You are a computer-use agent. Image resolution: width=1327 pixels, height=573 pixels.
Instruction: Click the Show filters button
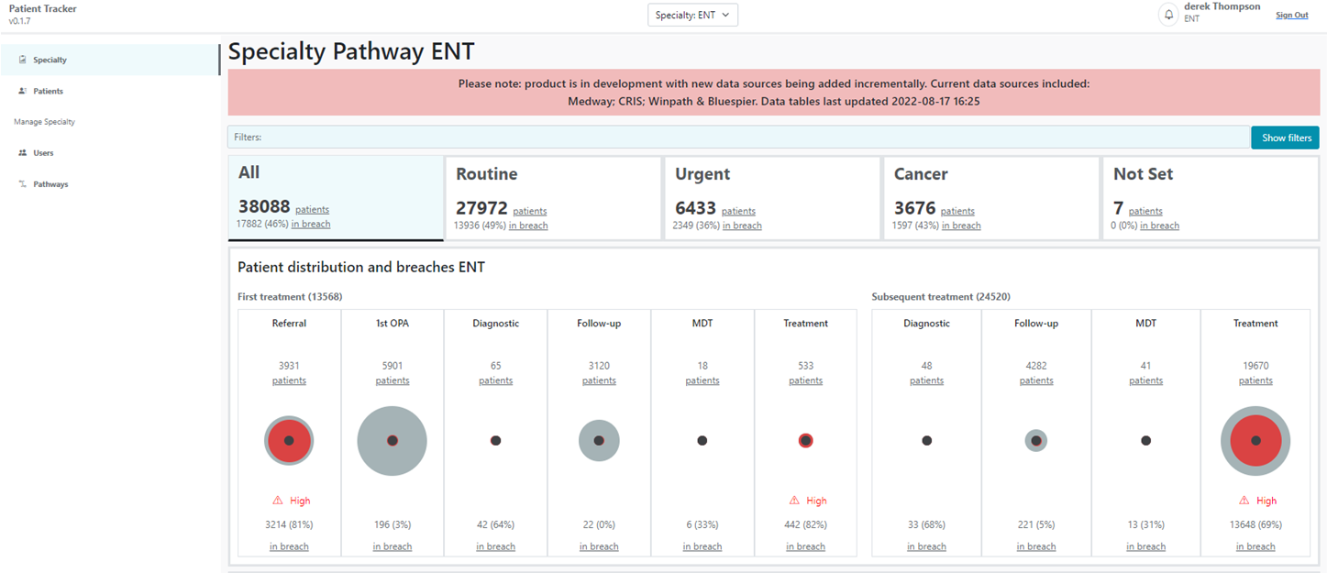coord(1285,138)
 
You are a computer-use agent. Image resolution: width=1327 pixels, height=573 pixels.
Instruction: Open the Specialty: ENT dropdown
coord(692,15)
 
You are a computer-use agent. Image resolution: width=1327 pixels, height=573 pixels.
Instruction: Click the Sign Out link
coord(1291,15)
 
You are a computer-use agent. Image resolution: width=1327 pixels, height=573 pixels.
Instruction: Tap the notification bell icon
coord(1168,15)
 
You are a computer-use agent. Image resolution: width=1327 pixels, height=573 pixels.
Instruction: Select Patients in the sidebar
coord(48,92)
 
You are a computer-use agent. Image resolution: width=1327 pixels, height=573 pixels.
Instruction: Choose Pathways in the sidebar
coord(50,184)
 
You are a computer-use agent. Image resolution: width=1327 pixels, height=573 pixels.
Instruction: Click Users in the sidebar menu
coord(43,153)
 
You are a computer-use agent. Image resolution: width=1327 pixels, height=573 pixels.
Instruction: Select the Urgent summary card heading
coord(702,174)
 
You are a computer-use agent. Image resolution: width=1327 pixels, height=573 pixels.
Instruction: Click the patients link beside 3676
coord(957,211)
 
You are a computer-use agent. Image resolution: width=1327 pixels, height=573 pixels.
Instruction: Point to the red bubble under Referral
coord(289,441)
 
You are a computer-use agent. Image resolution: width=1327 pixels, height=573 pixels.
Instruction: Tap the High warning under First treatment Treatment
coord(806,501)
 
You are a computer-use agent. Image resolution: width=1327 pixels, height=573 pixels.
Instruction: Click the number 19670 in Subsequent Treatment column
coord(1255,366)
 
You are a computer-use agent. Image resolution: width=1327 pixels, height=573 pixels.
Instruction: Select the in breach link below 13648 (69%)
coord(1255,546)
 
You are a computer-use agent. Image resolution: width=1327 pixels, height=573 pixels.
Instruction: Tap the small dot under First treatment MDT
coord(702,441)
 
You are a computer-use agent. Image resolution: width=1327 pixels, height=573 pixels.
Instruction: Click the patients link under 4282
coord(1036,380)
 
